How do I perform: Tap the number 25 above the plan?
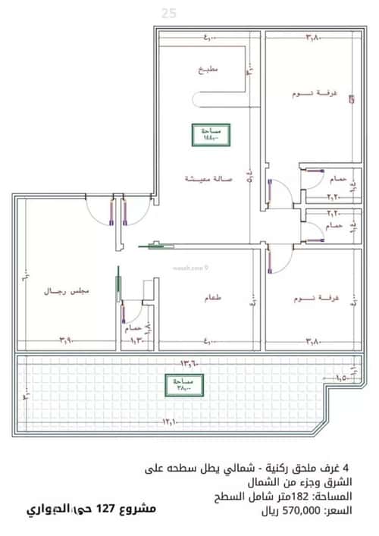[168, 13]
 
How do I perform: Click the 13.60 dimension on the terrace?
[187, 362]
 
